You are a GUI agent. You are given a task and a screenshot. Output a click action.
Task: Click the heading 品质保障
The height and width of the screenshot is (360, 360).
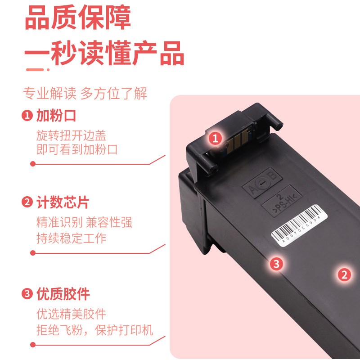pyautogui.click(x=77, y=18)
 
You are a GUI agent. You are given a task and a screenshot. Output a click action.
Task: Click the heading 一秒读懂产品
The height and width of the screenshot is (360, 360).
pyautogui.click(x=104, y=53)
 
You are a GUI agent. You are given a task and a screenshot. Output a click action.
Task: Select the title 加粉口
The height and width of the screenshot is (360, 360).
pyautogui.click(x=56, y=116)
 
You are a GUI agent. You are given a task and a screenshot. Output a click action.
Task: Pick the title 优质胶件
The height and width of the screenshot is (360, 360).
pyautogui.click(x=63, y=294)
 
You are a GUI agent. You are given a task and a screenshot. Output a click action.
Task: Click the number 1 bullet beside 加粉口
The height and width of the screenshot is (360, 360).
pyautogui.click(x=27, y=116)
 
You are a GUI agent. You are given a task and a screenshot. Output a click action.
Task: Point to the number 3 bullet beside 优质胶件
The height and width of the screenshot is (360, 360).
pyautogui.click(x=27, y=294)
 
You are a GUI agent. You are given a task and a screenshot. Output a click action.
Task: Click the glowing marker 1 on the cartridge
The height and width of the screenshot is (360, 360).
pyautogui.click(x=216, y=139)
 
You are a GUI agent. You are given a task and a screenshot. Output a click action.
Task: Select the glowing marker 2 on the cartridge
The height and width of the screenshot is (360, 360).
pyautogui.click(x=344, y=274)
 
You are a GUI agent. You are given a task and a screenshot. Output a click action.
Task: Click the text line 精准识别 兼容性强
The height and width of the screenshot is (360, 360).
pyautogui.click(x=84, y=223)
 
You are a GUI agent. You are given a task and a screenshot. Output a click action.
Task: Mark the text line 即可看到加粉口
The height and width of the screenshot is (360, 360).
pyautogui.click(x=77, y=149)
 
